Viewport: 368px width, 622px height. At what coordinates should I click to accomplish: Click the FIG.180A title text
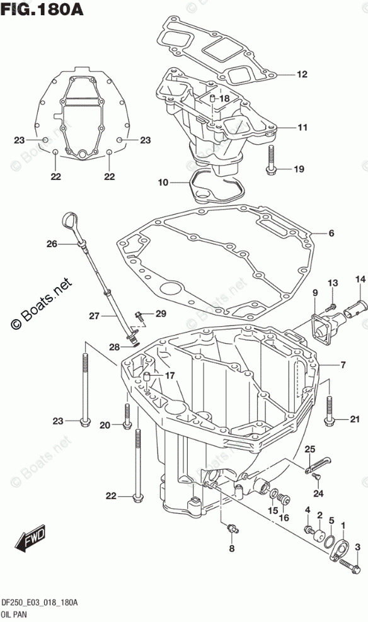click(x=42, y=9)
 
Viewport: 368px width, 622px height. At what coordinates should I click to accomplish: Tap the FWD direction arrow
click(x=30, y=540)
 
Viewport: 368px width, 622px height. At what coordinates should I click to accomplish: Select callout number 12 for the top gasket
click(x=302, y=74)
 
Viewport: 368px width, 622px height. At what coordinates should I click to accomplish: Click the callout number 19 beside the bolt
click(x=299, y=169)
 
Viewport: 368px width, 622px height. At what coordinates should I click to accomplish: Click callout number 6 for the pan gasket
click(x=331, y=233)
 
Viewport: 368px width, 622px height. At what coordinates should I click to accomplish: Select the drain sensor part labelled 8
click(x=232, y=528)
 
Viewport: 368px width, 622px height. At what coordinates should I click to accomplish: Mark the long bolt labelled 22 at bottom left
click(x=137, y=466)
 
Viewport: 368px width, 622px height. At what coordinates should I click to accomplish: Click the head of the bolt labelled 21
click(x=329, y=422)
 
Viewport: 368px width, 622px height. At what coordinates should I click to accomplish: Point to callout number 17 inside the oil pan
click(x=170, y=375)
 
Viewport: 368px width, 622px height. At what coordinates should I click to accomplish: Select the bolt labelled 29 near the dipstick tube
click(x=139, y=316)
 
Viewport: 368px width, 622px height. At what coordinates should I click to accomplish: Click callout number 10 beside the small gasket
click(x=163, y=183)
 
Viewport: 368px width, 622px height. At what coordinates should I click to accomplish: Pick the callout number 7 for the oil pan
click(x=343, y=364)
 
